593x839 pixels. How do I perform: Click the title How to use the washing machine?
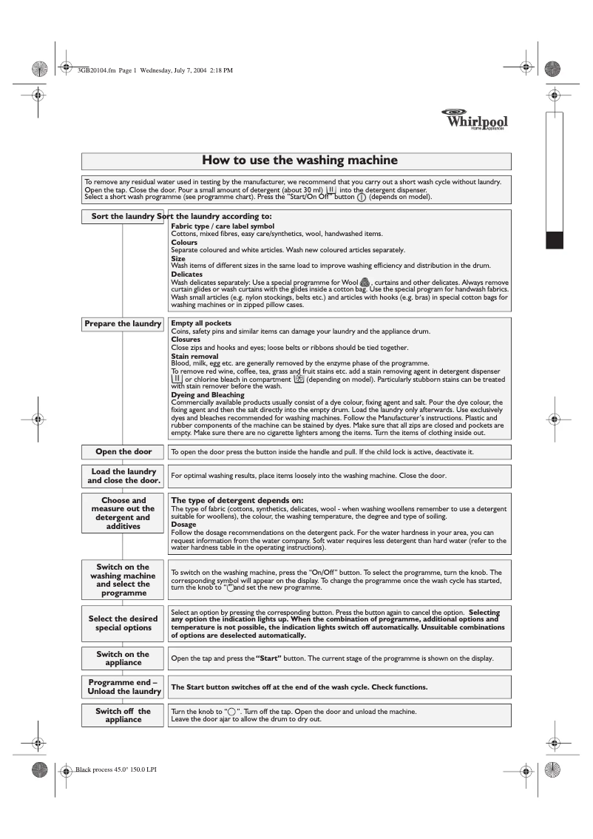[x=296, y=161]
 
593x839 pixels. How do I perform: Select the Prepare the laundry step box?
[x=123, y=324]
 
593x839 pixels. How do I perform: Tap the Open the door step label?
[x=123, y=451]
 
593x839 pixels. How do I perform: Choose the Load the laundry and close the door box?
[x=123, y=476]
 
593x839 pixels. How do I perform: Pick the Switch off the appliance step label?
[x=123, y=715]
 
